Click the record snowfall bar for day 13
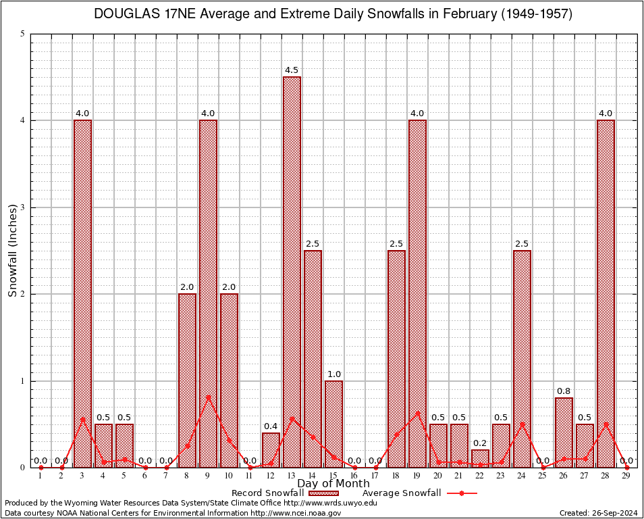(x=292, y=270)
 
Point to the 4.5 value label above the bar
(x=292, y=70)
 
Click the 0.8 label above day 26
(x=564, y=391)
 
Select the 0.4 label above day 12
(x=271, y=426)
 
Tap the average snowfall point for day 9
(x=208, y=397)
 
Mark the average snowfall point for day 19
(x=417, y=413)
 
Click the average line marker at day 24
(x=522, y=424)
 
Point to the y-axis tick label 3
(x=23, y=207)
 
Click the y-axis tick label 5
(x=23, y=34)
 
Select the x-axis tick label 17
(x=375, y=476)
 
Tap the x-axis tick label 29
(x=626, y=476)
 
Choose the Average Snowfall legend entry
(x=419, y=493)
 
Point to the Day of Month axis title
(x=333, y=484)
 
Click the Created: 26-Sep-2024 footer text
(x=599, y=513)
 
